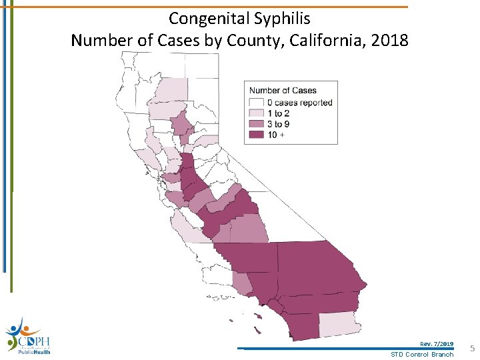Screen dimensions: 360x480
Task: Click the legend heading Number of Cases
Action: click(x=283, y=91)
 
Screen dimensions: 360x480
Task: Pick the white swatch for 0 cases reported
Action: click(x=257, y=103)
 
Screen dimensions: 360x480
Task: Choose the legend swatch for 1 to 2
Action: click(x=257, y=113)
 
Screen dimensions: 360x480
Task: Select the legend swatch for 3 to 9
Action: click(x=257, y=124)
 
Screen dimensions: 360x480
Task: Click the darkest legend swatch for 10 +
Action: click(x=257, y=135)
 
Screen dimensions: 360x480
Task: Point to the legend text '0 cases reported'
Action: click(x=299, y=103)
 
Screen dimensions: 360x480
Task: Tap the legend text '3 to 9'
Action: click(x=279, y=124)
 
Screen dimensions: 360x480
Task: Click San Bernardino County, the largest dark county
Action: click(x=313, y=267)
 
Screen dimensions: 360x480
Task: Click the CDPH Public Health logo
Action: click(x=27, y=337)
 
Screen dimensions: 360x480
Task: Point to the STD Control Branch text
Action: click(x=422, y=354)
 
